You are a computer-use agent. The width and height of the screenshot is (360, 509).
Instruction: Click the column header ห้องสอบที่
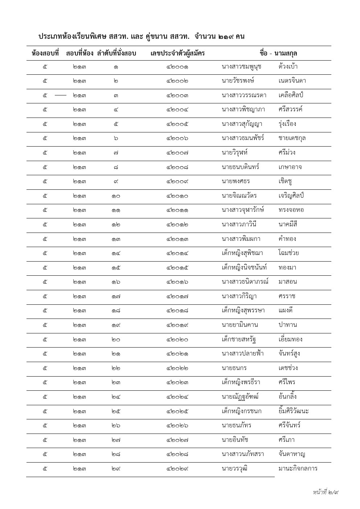coord(45,53)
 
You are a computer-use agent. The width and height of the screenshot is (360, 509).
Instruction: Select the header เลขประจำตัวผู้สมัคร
coord(177,53)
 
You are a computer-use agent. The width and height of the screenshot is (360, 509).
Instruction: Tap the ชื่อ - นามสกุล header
coord(278,53)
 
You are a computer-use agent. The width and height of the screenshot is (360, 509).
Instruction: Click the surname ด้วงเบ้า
coord(288,67)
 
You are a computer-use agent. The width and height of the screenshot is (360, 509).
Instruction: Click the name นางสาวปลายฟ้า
coord(242,354)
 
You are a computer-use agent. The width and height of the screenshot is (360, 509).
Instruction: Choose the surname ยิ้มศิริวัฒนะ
coord(294,411)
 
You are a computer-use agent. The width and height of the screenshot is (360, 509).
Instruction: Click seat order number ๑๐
coord(116,196)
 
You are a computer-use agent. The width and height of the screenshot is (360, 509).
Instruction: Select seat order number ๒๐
coord(116,340)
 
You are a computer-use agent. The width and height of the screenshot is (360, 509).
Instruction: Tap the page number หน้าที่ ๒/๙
coord(326,492)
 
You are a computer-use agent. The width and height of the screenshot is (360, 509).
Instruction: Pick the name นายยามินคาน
coord(240,325)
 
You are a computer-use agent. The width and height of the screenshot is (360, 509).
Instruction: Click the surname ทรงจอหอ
coord(291,210)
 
